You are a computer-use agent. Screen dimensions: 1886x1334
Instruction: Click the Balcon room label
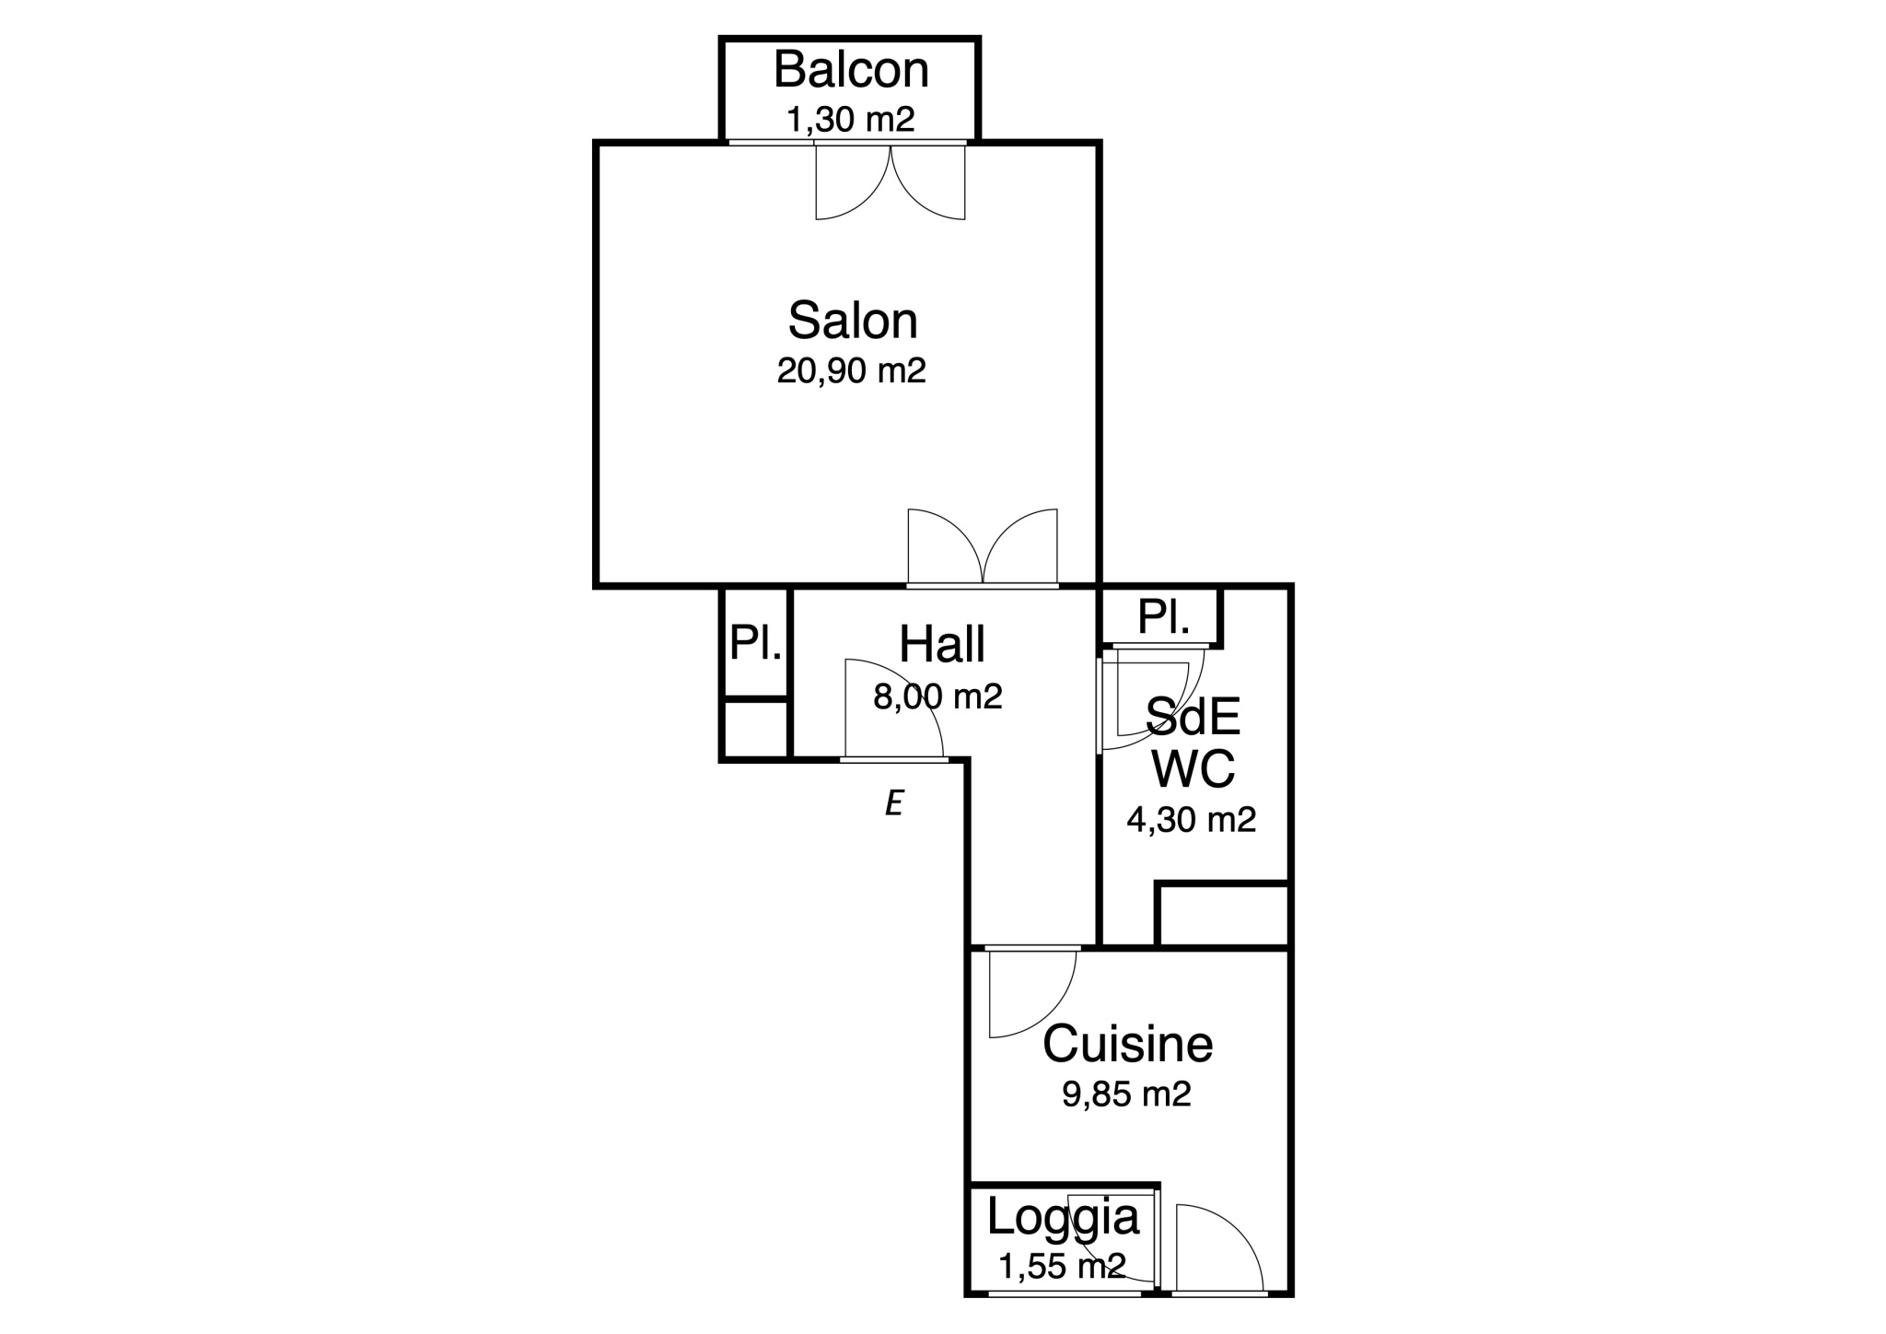[x=851, y=70]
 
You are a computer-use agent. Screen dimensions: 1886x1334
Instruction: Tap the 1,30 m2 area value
[x=850, y=120]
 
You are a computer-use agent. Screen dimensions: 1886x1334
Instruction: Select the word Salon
[x=853, y=321]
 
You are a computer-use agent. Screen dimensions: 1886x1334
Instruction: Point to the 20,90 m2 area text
[x=851, y=370]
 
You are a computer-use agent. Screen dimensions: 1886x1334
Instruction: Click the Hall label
[x=942, y=644]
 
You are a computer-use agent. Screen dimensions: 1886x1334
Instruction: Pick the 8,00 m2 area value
[x=937, y=696]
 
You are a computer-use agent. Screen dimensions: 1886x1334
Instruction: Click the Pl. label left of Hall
[x=755, y=642]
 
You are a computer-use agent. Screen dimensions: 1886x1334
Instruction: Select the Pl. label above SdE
[x=1163, y=616]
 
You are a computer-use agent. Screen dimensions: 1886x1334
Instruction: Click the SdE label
[x=1193, y=717]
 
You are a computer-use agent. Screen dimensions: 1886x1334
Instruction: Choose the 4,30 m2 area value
[x=1192, y=819]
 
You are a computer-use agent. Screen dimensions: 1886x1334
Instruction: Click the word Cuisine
[x=1127, y=1044]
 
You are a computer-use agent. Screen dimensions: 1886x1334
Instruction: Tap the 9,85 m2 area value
[x=1126, y=1094]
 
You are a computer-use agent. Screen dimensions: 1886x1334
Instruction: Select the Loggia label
[x=1063, y=1217]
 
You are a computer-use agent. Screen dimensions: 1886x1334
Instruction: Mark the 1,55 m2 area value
[x=1063, y=1267]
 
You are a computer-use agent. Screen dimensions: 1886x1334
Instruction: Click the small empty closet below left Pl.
[x=756, y=729]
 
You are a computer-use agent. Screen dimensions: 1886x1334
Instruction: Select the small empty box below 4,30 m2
[x=1224, y=916]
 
